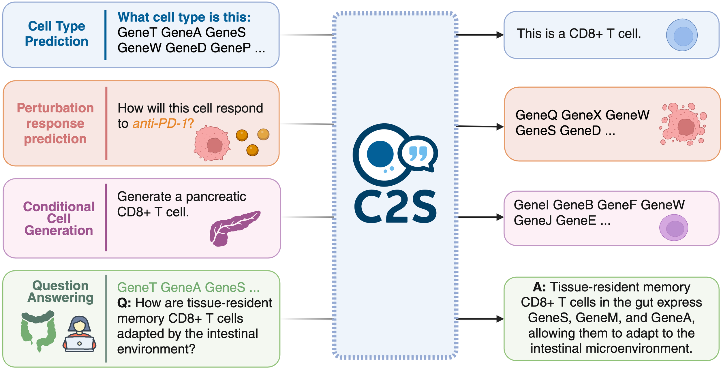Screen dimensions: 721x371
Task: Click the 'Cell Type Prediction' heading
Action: (57, 34)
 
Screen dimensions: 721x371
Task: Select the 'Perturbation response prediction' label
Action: (55, 123)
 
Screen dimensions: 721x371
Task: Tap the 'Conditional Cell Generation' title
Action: (59, 219)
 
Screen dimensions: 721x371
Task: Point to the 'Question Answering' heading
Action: (61, 291)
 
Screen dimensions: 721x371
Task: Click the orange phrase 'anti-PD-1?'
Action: (163, 124)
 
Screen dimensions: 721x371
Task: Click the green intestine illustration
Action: (38, 331)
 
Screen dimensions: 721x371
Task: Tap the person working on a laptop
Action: (79, 334)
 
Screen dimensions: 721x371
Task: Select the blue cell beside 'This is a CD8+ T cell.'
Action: (682, 35)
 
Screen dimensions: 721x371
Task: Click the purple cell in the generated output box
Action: (674, 228)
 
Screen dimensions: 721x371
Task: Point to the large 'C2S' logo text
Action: (395, 207)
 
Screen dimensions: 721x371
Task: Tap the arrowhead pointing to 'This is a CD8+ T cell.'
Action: (500, 35)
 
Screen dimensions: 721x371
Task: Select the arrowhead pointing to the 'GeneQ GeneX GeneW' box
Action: (500, 127)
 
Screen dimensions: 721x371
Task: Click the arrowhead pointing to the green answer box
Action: (500, 319)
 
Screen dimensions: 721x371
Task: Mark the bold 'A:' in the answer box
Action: (539, 287)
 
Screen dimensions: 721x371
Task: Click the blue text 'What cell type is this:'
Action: (184, 17)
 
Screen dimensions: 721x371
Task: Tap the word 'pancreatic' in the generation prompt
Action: (216, 197)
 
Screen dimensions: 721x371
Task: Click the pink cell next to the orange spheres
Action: (212, 143)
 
